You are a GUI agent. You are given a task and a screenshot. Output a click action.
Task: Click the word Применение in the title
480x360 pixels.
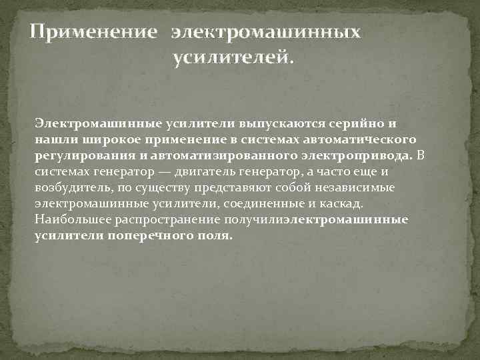click(95, 33)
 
